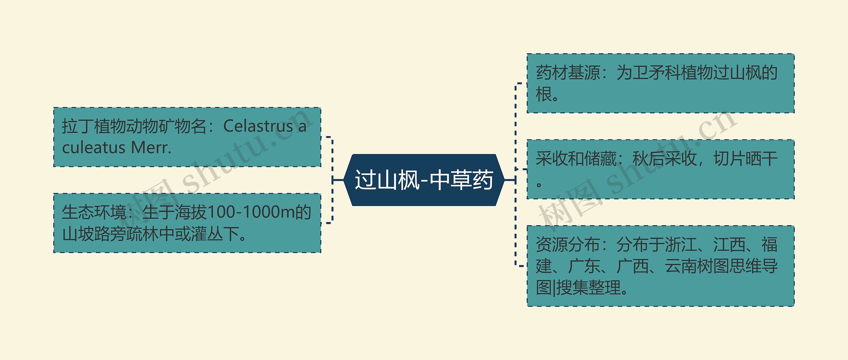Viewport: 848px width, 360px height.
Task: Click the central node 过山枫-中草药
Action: tap(424, 180)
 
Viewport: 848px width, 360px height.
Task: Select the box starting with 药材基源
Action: tap(661, 83)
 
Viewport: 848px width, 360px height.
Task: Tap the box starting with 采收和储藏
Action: tap(661, 169)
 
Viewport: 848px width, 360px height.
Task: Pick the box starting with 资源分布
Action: tap(661, 266)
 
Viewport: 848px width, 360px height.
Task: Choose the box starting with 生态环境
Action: tap(187, 223)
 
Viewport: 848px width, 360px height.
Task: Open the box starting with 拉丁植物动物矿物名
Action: tap(187, 137)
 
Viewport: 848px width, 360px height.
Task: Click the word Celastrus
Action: tap(258, 126)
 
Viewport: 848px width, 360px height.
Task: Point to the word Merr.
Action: tap(151, 148)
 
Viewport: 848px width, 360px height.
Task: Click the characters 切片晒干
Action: tap(745, 159)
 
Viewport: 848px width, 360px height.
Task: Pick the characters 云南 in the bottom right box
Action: tap(681, 266)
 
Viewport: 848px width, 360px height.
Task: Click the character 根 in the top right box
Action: tap(544, 94)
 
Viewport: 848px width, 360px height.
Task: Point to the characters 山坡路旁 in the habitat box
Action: tap(94, 234)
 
